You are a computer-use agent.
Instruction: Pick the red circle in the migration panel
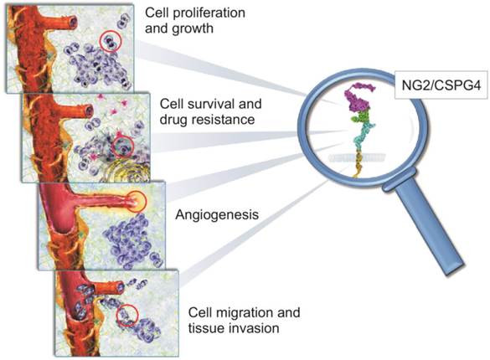pos(126,316)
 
